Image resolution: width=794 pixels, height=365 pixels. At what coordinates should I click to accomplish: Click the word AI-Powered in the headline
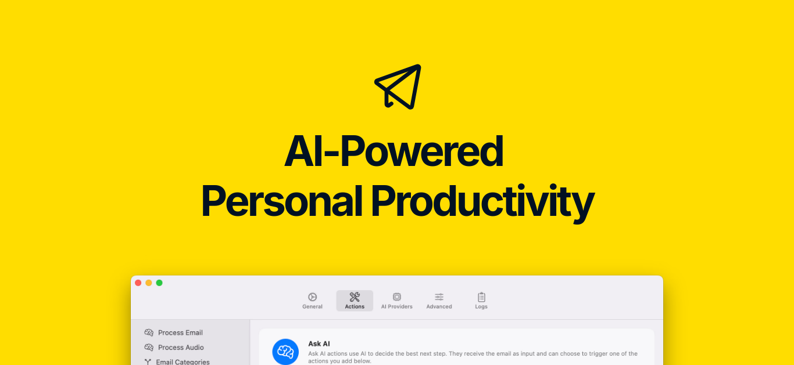[x=394, y=151]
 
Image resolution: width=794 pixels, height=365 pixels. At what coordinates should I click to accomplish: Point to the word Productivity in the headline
[x=482, y=203]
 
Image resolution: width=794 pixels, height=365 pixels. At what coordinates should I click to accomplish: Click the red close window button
[x=138, y=283]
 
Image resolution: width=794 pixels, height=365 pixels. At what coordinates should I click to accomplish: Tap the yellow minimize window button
[x=149, y=283]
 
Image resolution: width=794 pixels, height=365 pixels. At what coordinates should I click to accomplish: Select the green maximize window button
[x=159, y=283]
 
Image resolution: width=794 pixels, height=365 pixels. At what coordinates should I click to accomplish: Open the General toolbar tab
[x=312, y=301]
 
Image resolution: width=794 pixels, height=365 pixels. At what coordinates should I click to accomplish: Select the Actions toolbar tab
[x=355, y=301]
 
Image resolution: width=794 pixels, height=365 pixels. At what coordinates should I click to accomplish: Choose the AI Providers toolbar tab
[x=396, y=301]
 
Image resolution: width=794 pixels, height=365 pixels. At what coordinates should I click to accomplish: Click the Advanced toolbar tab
[x=439, y=301]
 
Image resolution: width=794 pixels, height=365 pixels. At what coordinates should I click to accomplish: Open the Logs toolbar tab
[x=481, y=301]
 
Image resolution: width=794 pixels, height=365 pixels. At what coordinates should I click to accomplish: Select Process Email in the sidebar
[x=180, y=333]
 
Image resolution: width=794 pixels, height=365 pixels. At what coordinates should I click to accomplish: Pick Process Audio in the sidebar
[x=181, y=347]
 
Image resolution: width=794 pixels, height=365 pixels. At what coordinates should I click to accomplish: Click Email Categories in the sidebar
[x=183, y=362]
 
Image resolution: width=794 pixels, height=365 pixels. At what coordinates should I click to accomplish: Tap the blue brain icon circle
[x=285, y=352]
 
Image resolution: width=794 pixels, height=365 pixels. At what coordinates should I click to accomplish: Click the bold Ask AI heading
[x=319, y=344]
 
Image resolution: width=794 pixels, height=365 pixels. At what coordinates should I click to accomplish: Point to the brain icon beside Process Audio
[x=149, y=347]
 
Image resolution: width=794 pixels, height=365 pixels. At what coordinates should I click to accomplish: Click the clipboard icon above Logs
[x=481, y=297]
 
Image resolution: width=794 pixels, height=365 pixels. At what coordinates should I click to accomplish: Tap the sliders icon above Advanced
[x=439, y=297]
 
